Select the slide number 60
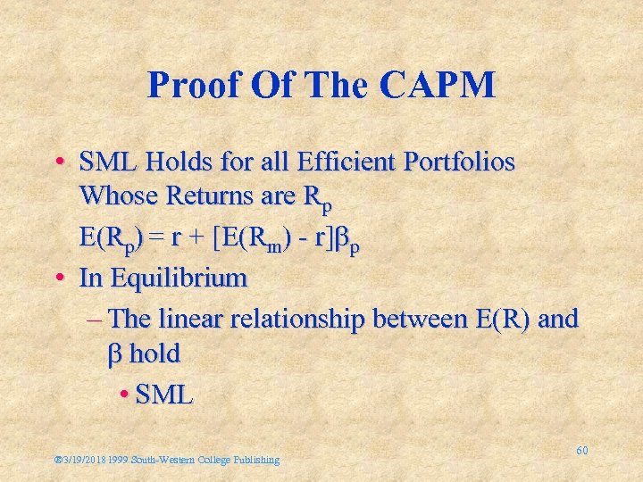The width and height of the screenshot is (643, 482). click(581, 451)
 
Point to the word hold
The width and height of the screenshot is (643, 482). click(154, 354)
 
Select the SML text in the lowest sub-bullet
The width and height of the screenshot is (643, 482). click(164, 395)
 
